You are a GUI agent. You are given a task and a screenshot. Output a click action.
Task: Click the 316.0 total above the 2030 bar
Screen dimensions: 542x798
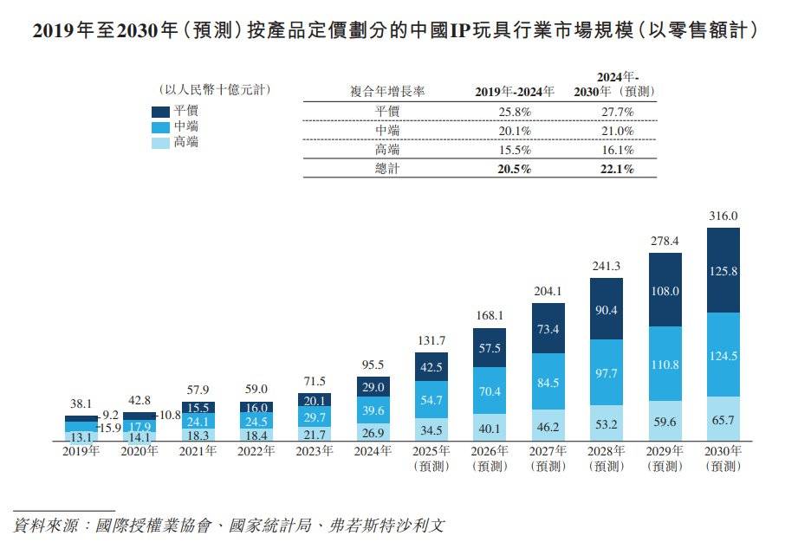pos(723,216)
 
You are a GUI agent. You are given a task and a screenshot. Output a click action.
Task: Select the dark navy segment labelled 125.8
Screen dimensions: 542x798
pos(723,271)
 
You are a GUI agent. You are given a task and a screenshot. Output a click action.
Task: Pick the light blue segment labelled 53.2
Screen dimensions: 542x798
pos(607,424)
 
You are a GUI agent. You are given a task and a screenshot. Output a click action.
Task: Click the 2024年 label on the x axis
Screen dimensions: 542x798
pos(373,451)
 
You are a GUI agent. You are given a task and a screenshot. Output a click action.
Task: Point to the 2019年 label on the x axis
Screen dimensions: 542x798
pos(81,451)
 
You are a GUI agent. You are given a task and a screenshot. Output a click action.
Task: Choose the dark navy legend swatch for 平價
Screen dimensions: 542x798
pos(160,111)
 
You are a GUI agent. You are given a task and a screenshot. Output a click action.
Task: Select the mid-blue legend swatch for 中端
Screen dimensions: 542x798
pos(160,126)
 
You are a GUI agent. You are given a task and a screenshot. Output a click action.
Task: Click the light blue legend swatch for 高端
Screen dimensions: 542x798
pos(160,142)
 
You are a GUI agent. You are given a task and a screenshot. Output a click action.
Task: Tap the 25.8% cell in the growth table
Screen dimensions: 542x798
pos(515,112)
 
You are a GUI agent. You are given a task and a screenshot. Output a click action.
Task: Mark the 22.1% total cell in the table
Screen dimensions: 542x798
pos(616,170)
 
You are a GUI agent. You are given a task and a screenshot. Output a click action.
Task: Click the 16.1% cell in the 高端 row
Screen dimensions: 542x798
pos(616,150)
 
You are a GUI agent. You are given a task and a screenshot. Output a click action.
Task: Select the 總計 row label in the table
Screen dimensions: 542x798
pos(386,170)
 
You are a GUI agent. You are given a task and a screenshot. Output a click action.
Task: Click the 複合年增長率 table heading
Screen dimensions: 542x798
pos(386,92)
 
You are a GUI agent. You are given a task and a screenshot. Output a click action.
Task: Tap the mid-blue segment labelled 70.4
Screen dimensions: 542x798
pos(490,391)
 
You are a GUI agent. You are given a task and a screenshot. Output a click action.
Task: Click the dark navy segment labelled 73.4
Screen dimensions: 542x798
pos(548,329)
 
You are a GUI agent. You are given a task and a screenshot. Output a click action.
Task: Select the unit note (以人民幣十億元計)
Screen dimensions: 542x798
pos(211,89)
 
